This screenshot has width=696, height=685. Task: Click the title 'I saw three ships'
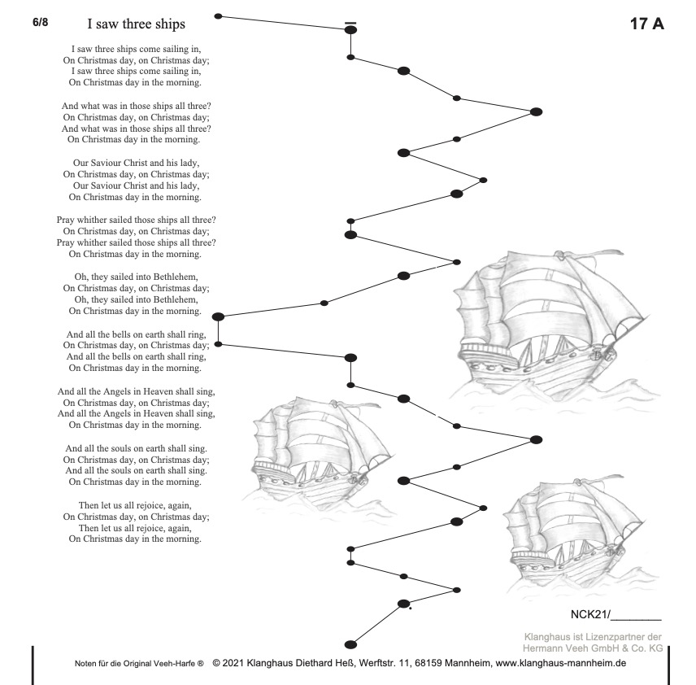(136, 24)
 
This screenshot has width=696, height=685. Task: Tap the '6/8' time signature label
(41, 22)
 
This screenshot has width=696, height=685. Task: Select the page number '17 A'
(647, 24)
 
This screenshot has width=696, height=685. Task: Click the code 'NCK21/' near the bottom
(584, 614)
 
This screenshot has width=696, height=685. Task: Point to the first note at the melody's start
(218, 16)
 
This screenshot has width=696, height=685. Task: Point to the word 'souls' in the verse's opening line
(122, 447)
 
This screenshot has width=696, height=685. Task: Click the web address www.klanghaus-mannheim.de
(560, 663)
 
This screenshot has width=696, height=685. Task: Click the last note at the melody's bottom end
(350, 644)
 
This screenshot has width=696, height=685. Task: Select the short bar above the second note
(350, 23)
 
